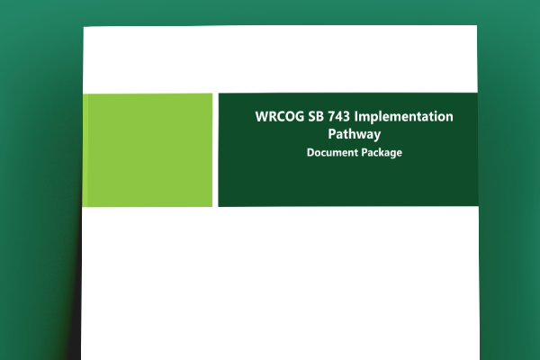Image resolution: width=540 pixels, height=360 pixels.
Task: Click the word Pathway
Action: pyautogui.click(x=354, y=135)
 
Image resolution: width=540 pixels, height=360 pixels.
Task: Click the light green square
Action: pyautogui.click(x=148, y=149)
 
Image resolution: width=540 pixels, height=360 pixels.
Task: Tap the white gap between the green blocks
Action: pyautogui.click(x=216, y=149)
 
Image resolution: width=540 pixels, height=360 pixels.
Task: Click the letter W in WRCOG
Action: pyautogui.click(x=261, y=118)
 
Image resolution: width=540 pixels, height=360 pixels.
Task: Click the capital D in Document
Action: pyautogui.click(x=310, y=153)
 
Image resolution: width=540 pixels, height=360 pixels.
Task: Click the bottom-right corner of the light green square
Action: pyautogui.click(x=212, y=206)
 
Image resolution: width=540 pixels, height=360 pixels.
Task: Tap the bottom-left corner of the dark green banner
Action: pyautogui.click(x=219, y=206)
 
